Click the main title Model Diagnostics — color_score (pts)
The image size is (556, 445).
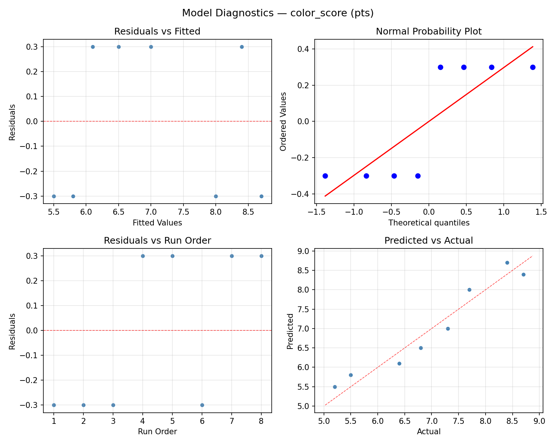click(278, 13)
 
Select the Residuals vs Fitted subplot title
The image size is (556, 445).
click(157, 32)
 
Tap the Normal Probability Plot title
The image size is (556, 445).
click(428, 32)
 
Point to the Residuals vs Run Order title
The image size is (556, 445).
click(157, 241)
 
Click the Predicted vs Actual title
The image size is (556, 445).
click(428, 241)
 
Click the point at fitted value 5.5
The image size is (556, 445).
click(54, 196)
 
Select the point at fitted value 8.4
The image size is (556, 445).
click(242, 47)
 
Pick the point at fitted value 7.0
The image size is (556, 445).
click(151, 47)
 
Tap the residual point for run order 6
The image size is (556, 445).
click(202, 405)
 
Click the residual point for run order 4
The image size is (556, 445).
click(143, 256)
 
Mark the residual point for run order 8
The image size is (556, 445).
click(261, 256)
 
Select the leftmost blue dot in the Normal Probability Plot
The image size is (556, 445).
click(325, 176)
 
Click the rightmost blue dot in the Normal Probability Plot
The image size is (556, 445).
click(533, 67)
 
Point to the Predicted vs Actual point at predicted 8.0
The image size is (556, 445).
click(469, 290)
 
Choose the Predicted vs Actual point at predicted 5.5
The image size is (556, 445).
click(335, 387)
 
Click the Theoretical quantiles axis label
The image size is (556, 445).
click(428, 223)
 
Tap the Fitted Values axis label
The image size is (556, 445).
click(157, 223)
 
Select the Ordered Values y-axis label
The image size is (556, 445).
click(284, 121)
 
